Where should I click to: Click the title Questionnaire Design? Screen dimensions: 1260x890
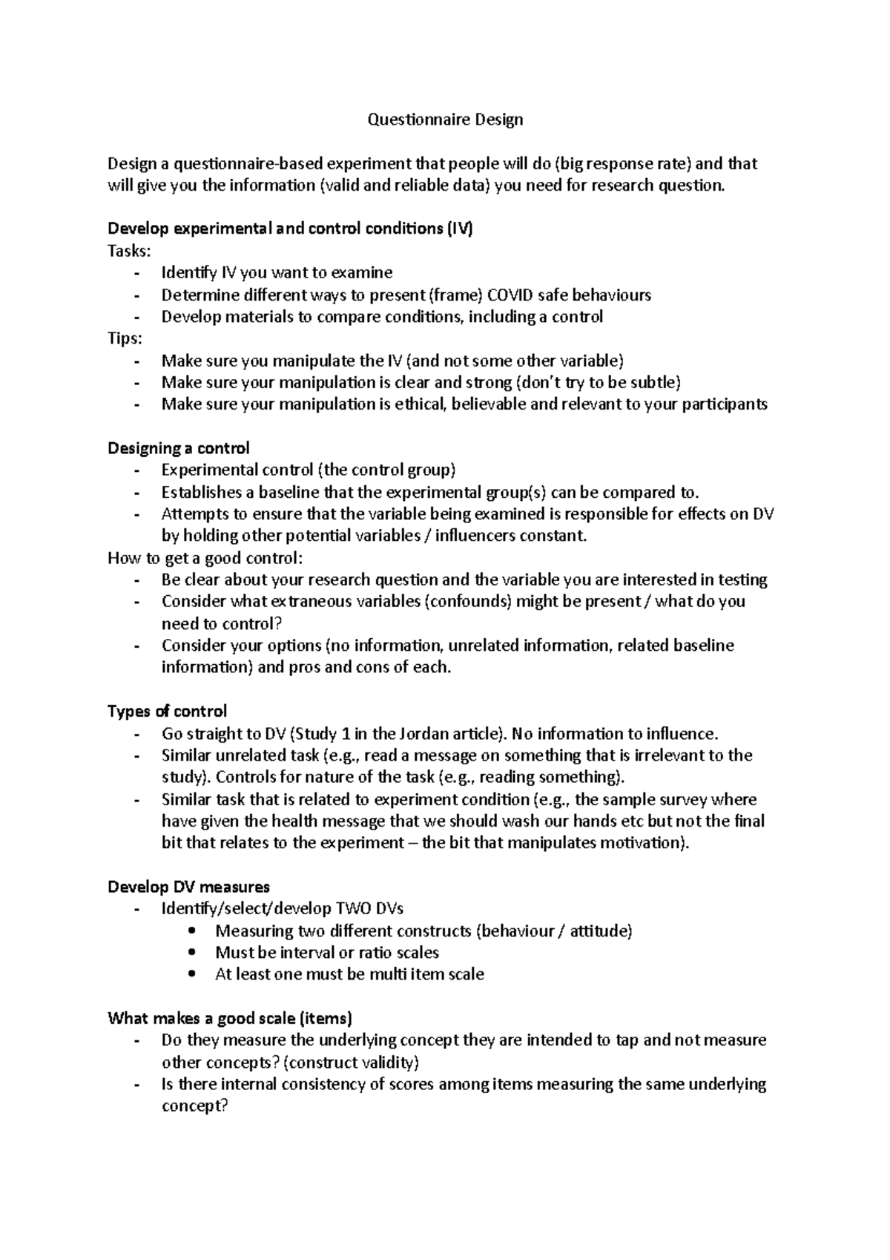(445, 119)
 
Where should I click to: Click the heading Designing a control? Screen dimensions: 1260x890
(179, 448)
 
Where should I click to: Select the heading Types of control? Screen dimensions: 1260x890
(168, 712)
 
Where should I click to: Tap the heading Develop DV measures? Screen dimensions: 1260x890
(188, 887)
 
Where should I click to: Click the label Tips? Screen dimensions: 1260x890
(125, 338)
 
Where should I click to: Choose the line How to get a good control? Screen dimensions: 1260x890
(205, 558)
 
